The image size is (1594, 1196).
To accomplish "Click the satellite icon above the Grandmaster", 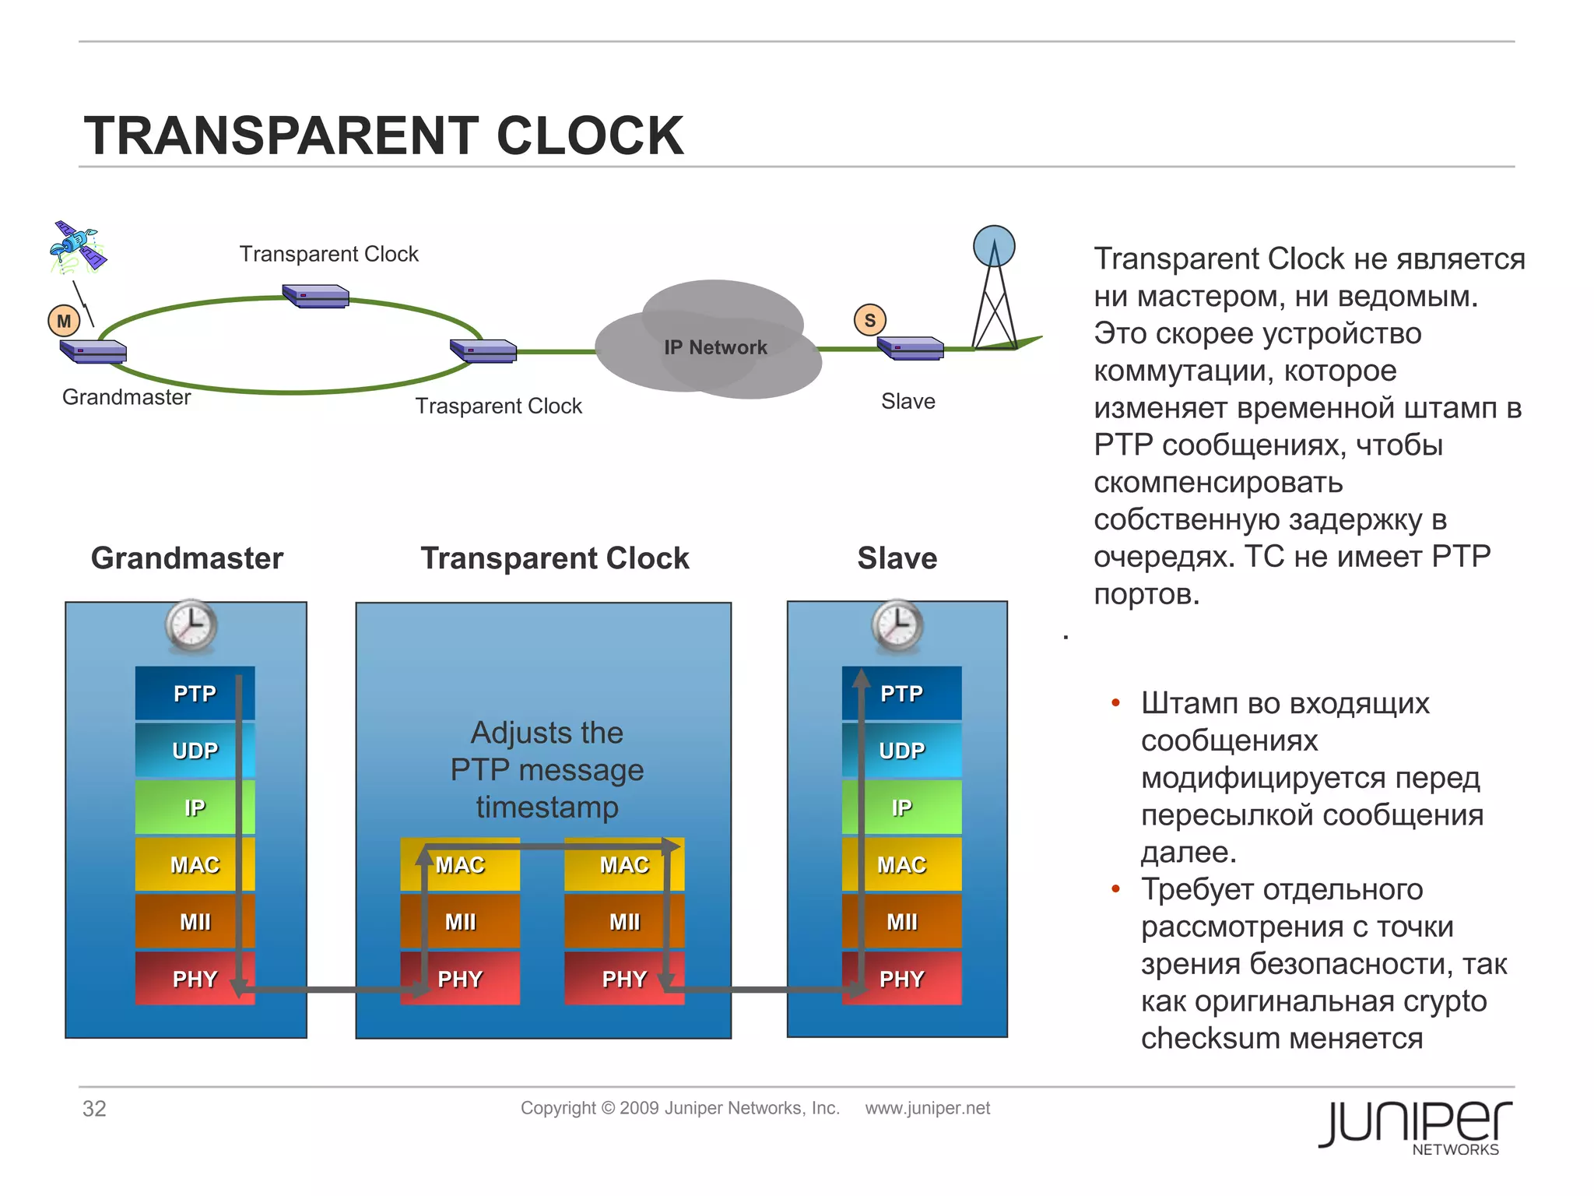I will (77, 248).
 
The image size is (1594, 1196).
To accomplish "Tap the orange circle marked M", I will (64, 321).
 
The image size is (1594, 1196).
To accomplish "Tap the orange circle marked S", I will (869, 320).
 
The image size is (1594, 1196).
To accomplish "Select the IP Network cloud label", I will (715, 347).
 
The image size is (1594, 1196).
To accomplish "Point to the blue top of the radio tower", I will (994, 246).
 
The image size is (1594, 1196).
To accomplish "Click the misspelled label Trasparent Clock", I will (498, 406).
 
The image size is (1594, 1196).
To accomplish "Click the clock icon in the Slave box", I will (897, 625).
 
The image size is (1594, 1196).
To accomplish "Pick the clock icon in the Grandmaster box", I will (191, 625).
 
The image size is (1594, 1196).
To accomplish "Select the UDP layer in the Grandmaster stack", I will (195, 750).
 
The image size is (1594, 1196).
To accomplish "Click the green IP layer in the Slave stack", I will (901, 807).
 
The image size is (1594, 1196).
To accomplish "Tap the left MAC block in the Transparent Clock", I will (459, 864).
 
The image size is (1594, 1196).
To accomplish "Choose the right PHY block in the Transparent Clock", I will (624, 979).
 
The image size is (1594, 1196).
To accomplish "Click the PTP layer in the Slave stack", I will (901, 693).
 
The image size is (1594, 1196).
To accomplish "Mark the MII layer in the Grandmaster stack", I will (195, 922).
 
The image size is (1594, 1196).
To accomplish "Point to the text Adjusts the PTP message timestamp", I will (547, 769).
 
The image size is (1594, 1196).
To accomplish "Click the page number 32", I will (94, 1108).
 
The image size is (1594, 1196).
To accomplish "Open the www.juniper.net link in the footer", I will (927, 1108).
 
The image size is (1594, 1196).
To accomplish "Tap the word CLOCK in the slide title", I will (589, 135).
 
